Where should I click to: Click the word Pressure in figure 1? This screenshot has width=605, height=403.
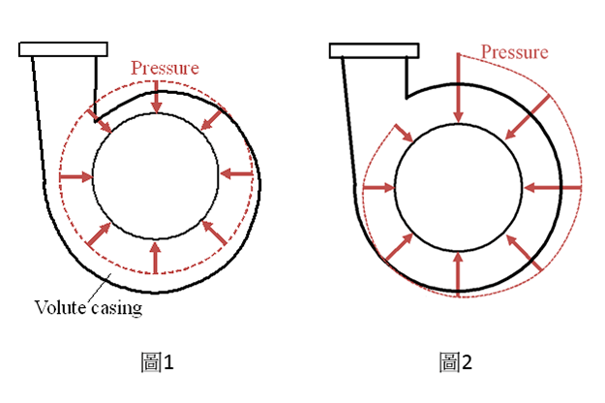(x=165, y=68)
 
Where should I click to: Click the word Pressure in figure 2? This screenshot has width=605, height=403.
(x=514, y=52)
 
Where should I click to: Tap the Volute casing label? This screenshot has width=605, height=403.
(x=88, y=308)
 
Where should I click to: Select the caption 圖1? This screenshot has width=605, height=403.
(x=158, y=362)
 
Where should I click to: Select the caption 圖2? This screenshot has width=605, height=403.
(x=456, y=362)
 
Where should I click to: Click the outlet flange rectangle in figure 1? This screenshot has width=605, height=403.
(x=63, y=49)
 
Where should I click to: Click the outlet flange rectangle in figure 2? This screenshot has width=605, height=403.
(x=374, y=50)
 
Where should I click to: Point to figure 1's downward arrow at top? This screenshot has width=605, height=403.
(x=156, y=97)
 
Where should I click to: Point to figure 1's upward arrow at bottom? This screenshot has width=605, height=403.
(x=155, y=258)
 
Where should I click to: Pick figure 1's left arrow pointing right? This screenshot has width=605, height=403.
(x=76, y=177)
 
